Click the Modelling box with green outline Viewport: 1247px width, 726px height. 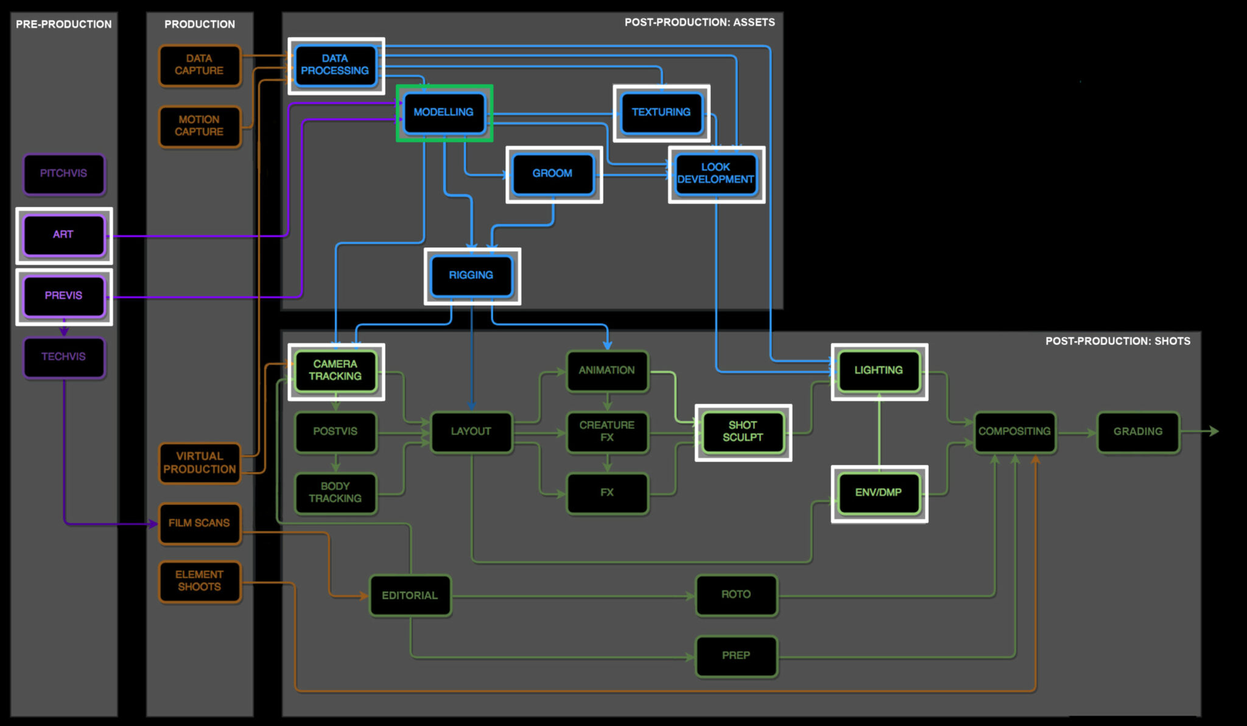click(x=444, y=113)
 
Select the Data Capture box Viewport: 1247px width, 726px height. click(x=199, y=65)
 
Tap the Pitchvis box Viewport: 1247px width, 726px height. click(x=64, y=174)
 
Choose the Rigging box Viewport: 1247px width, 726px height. click(x=471, y=275)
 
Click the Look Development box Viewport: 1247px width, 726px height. click(x=715, y=174)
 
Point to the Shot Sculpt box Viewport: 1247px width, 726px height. click(x=743, y=432)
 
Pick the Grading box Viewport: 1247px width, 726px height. click(x=1137, y=432)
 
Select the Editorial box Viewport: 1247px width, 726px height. click(x=410, y=596)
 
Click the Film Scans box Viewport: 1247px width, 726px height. click(x=199, y=523)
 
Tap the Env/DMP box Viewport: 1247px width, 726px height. click(x=879, y=493)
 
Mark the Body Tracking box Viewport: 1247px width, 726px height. click(x=335, y=493)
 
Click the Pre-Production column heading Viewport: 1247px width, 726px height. click(x=64, y=24)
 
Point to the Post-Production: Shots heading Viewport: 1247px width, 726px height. click(x=1117, y=341)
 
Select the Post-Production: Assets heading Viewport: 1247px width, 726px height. click(x=700, y=23)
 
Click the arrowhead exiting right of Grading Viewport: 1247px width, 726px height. click(x=1214, y=431)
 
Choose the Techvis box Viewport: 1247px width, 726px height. click(x=64, y=357)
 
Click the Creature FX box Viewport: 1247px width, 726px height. click(x=607, y=432)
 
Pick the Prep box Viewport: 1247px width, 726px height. click(x=736, y=656)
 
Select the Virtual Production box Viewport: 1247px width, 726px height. click(x=199, y=463)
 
